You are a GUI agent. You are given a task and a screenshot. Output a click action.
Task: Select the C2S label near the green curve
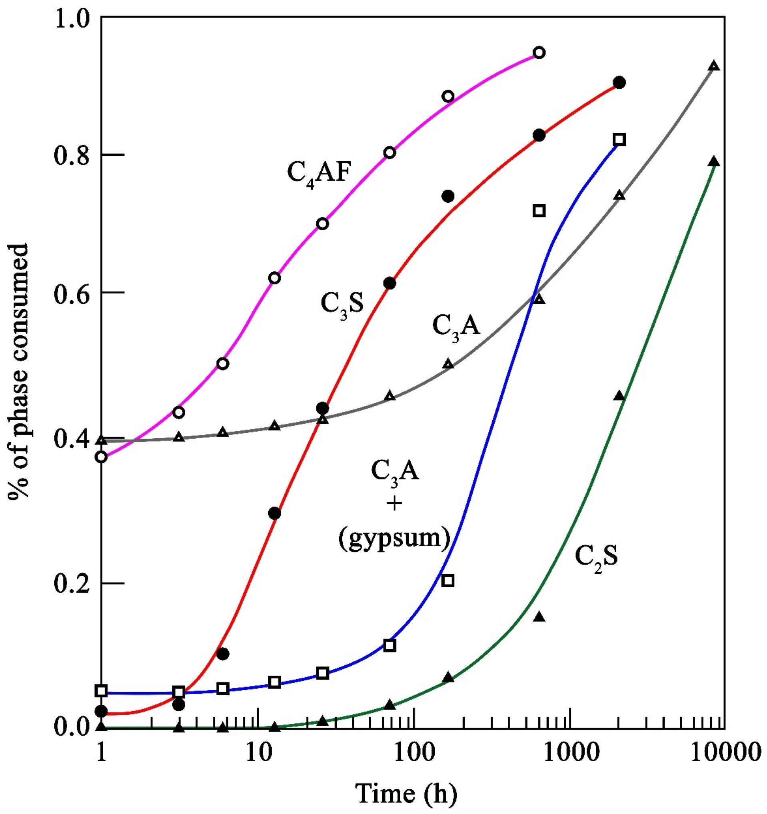point(596,557)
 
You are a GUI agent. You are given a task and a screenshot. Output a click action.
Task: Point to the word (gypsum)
point(394,538)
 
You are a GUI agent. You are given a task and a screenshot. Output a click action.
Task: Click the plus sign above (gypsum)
point(394,504)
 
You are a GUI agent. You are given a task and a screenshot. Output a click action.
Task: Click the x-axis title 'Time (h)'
point(406,794)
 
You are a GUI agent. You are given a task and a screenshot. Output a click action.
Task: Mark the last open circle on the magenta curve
point(539,52)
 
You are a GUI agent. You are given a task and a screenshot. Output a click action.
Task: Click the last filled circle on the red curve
point(619,83)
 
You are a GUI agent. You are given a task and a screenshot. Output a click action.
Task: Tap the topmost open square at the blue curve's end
point(619,140)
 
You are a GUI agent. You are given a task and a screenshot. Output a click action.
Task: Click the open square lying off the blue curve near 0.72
point(539,211)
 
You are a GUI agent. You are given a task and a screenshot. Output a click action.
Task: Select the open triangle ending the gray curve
point(714,66)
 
